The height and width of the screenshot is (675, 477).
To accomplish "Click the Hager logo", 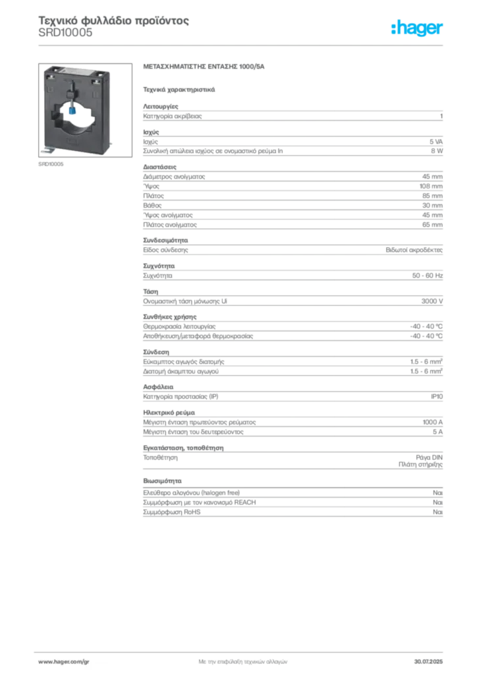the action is [416, 28].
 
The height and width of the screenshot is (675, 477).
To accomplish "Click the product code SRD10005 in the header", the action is [65, 33].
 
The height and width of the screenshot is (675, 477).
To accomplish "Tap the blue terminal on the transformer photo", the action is [72, 111].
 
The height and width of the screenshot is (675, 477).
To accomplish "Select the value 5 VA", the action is [435, 142].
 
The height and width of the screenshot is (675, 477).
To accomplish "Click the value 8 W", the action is [437, 151].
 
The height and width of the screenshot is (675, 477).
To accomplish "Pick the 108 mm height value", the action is [431, 187].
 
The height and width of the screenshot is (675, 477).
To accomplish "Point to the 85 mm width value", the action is [432, 196].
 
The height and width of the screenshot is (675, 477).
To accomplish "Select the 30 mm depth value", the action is [432, 206].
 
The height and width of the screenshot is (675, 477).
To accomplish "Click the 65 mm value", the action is [432, 225].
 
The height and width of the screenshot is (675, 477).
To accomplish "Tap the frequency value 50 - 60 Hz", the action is [427, 276].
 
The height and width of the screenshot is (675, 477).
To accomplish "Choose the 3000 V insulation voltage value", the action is [432, 301].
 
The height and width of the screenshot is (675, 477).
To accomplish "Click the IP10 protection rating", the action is [437, 396].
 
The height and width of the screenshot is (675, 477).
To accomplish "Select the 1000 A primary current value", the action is [432, 423].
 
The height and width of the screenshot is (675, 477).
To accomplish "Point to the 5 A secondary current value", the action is [437, 432].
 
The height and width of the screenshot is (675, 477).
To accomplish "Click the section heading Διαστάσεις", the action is [159, 167].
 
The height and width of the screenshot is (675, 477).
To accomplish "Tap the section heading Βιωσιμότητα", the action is [162, 481].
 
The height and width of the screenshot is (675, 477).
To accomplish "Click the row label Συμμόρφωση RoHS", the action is [171, 512].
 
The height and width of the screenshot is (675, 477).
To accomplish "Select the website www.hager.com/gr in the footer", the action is [64, 662].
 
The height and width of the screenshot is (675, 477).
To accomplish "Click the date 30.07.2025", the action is [428, 662].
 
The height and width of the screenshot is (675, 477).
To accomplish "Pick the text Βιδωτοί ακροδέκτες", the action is [414, 250].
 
